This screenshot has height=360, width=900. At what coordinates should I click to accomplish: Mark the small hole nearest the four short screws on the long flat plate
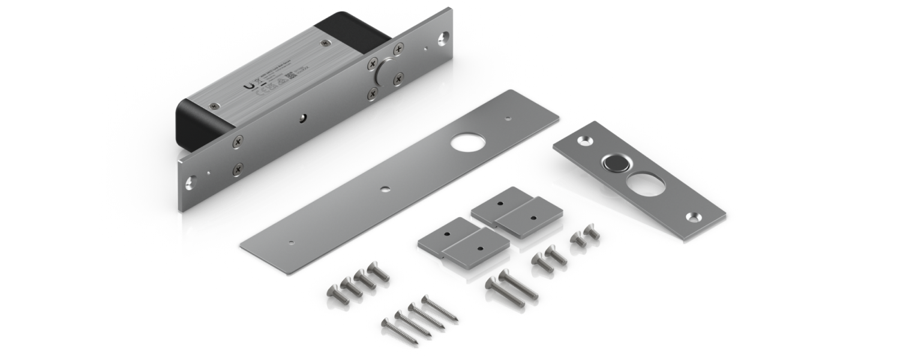(x=290, y=244)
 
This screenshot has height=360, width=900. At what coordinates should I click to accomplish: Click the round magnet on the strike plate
(x=613, y=162)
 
